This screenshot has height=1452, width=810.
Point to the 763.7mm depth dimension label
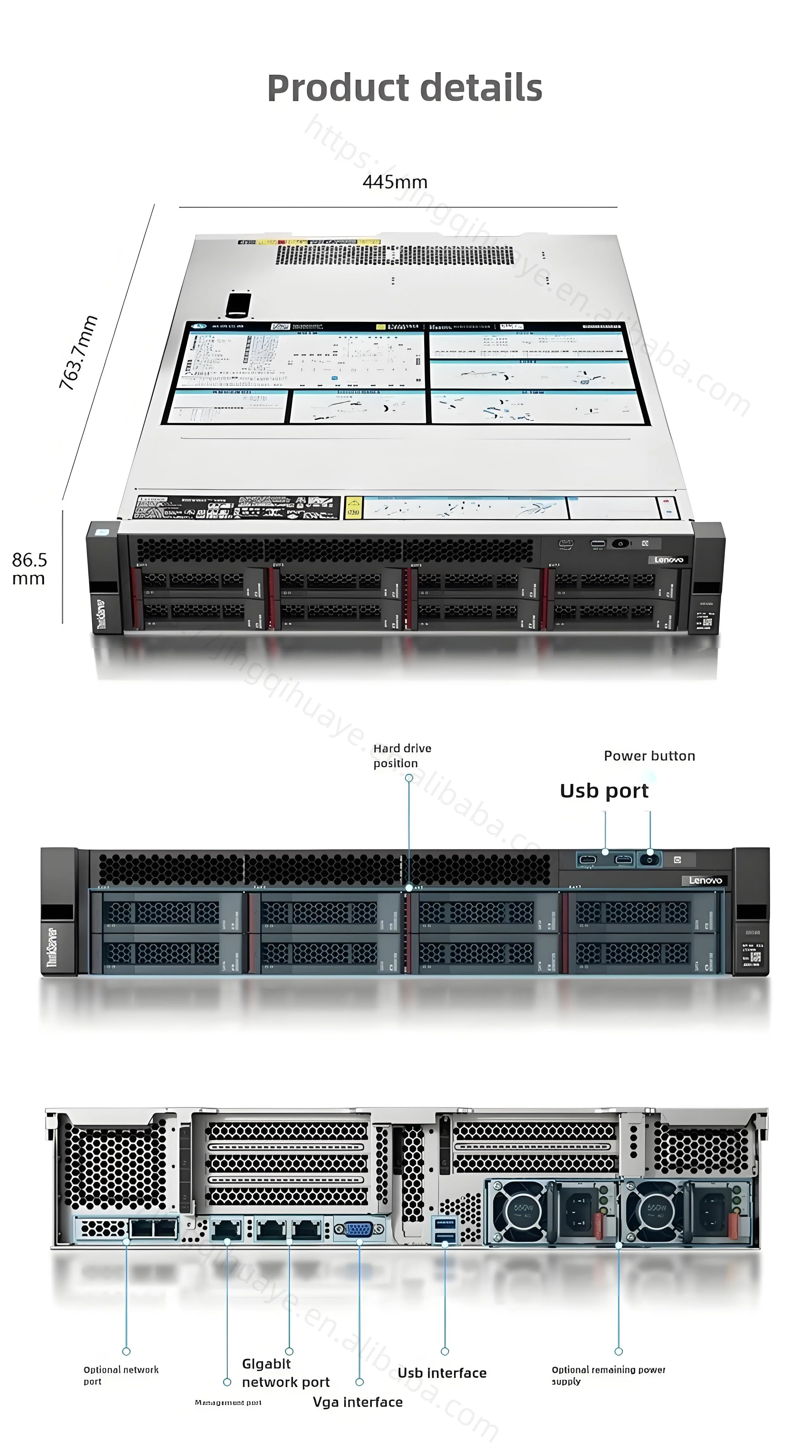click(78, 353)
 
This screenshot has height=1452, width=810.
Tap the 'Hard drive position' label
click(402, 756)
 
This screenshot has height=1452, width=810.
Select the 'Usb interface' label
click(442, 1373)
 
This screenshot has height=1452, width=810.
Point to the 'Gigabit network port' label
click(285, 1373)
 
